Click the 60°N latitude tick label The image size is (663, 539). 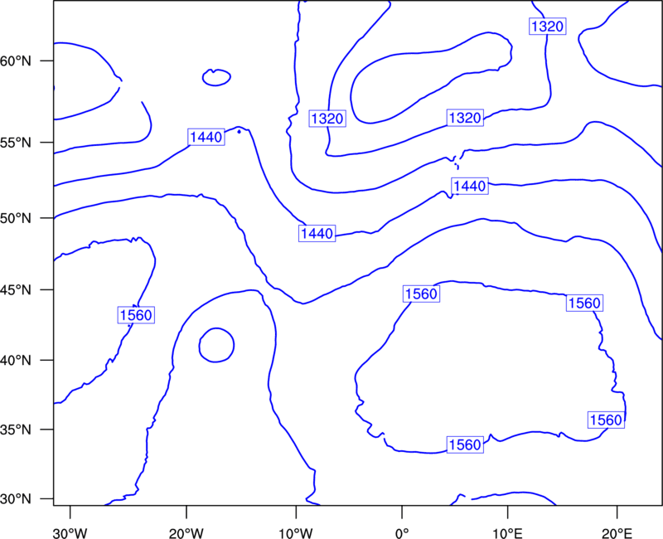pos(16,61)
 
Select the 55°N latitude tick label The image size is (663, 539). pos(16,142)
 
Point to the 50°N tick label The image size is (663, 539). pos(16,218)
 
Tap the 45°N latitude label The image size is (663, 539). pos(16,289)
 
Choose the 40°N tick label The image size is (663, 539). pos(16,360)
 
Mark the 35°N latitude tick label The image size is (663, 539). pos(16,430)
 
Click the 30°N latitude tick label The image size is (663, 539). pos(16,499)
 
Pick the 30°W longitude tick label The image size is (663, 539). pos(70,533)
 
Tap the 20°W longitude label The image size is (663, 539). pos(186,533)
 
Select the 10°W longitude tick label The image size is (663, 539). pos(296,533)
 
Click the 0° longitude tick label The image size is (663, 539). pos(402,533)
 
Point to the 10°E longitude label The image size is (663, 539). pos(507,533)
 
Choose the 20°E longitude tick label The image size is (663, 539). pos(617,533)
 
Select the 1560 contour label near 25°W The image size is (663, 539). pos(136,315)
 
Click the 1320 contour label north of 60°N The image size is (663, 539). pos(548,27)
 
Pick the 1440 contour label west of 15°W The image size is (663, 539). pos(206,137)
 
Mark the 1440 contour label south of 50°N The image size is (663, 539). pos(317,233)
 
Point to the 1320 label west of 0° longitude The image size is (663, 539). pos(327,119)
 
